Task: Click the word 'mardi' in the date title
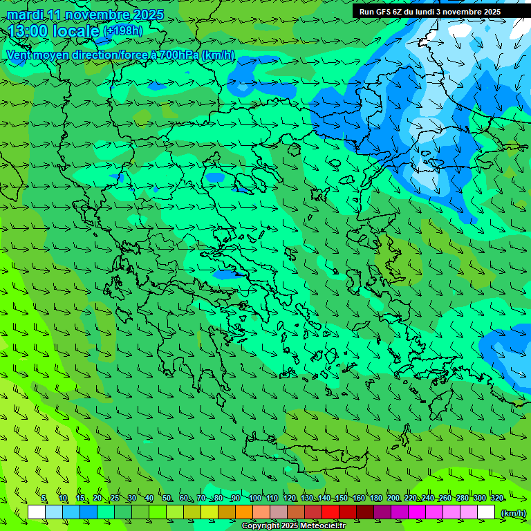(x=26, y=15)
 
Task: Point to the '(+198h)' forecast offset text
(x=122, y=31)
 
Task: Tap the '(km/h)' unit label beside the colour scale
(x=512, y=513)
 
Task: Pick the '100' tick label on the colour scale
(x=254, y=499)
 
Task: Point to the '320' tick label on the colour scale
(x=496, y=499)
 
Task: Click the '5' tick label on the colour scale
(x=44, y=499)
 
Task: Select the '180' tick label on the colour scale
(x=375, y=499)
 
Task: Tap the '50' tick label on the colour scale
(x=167, y=499)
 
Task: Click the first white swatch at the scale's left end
(x=37, y=512)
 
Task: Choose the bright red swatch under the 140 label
(x=330, y=512)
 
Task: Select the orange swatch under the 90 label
(x=243, y=512)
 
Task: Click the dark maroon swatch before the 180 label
(x=365, y=512)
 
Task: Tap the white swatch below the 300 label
(x=486, y=512)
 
